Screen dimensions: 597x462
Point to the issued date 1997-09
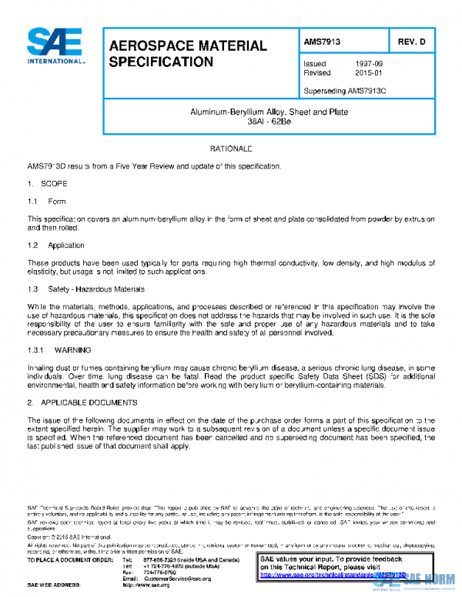[x=367, y=63]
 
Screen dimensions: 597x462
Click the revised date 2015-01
[x=367, y=73]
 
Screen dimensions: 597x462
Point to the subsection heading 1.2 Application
[x=56, y=245]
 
